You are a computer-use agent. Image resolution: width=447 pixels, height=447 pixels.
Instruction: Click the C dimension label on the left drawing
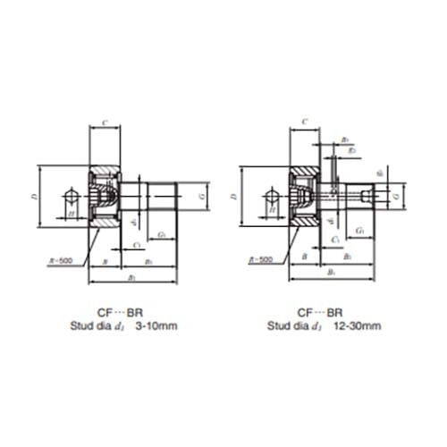(105, 122)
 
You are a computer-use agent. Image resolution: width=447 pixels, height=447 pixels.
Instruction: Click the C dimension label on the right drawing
(305, 122)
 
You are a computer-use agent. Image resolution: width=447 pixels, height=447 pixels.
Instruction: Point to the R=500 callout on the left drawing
(60, 260)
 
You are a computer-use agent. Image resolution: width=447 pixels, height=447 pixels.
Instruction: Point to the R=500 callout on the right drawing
(258, 260)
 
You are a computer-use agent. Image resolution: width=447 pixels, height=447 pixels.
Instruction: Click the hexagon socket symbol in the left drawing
(72, 195)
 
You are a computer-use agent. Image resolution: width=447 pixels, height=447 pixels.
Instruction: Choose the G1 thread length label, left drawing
(162, 235)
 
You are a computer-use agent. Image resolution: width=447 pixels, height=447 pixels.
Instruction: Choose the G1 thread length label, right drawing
(359, 231)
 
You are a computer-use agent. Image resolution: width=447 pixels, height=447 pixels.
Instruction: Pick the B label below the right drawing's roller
(304, 257)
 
